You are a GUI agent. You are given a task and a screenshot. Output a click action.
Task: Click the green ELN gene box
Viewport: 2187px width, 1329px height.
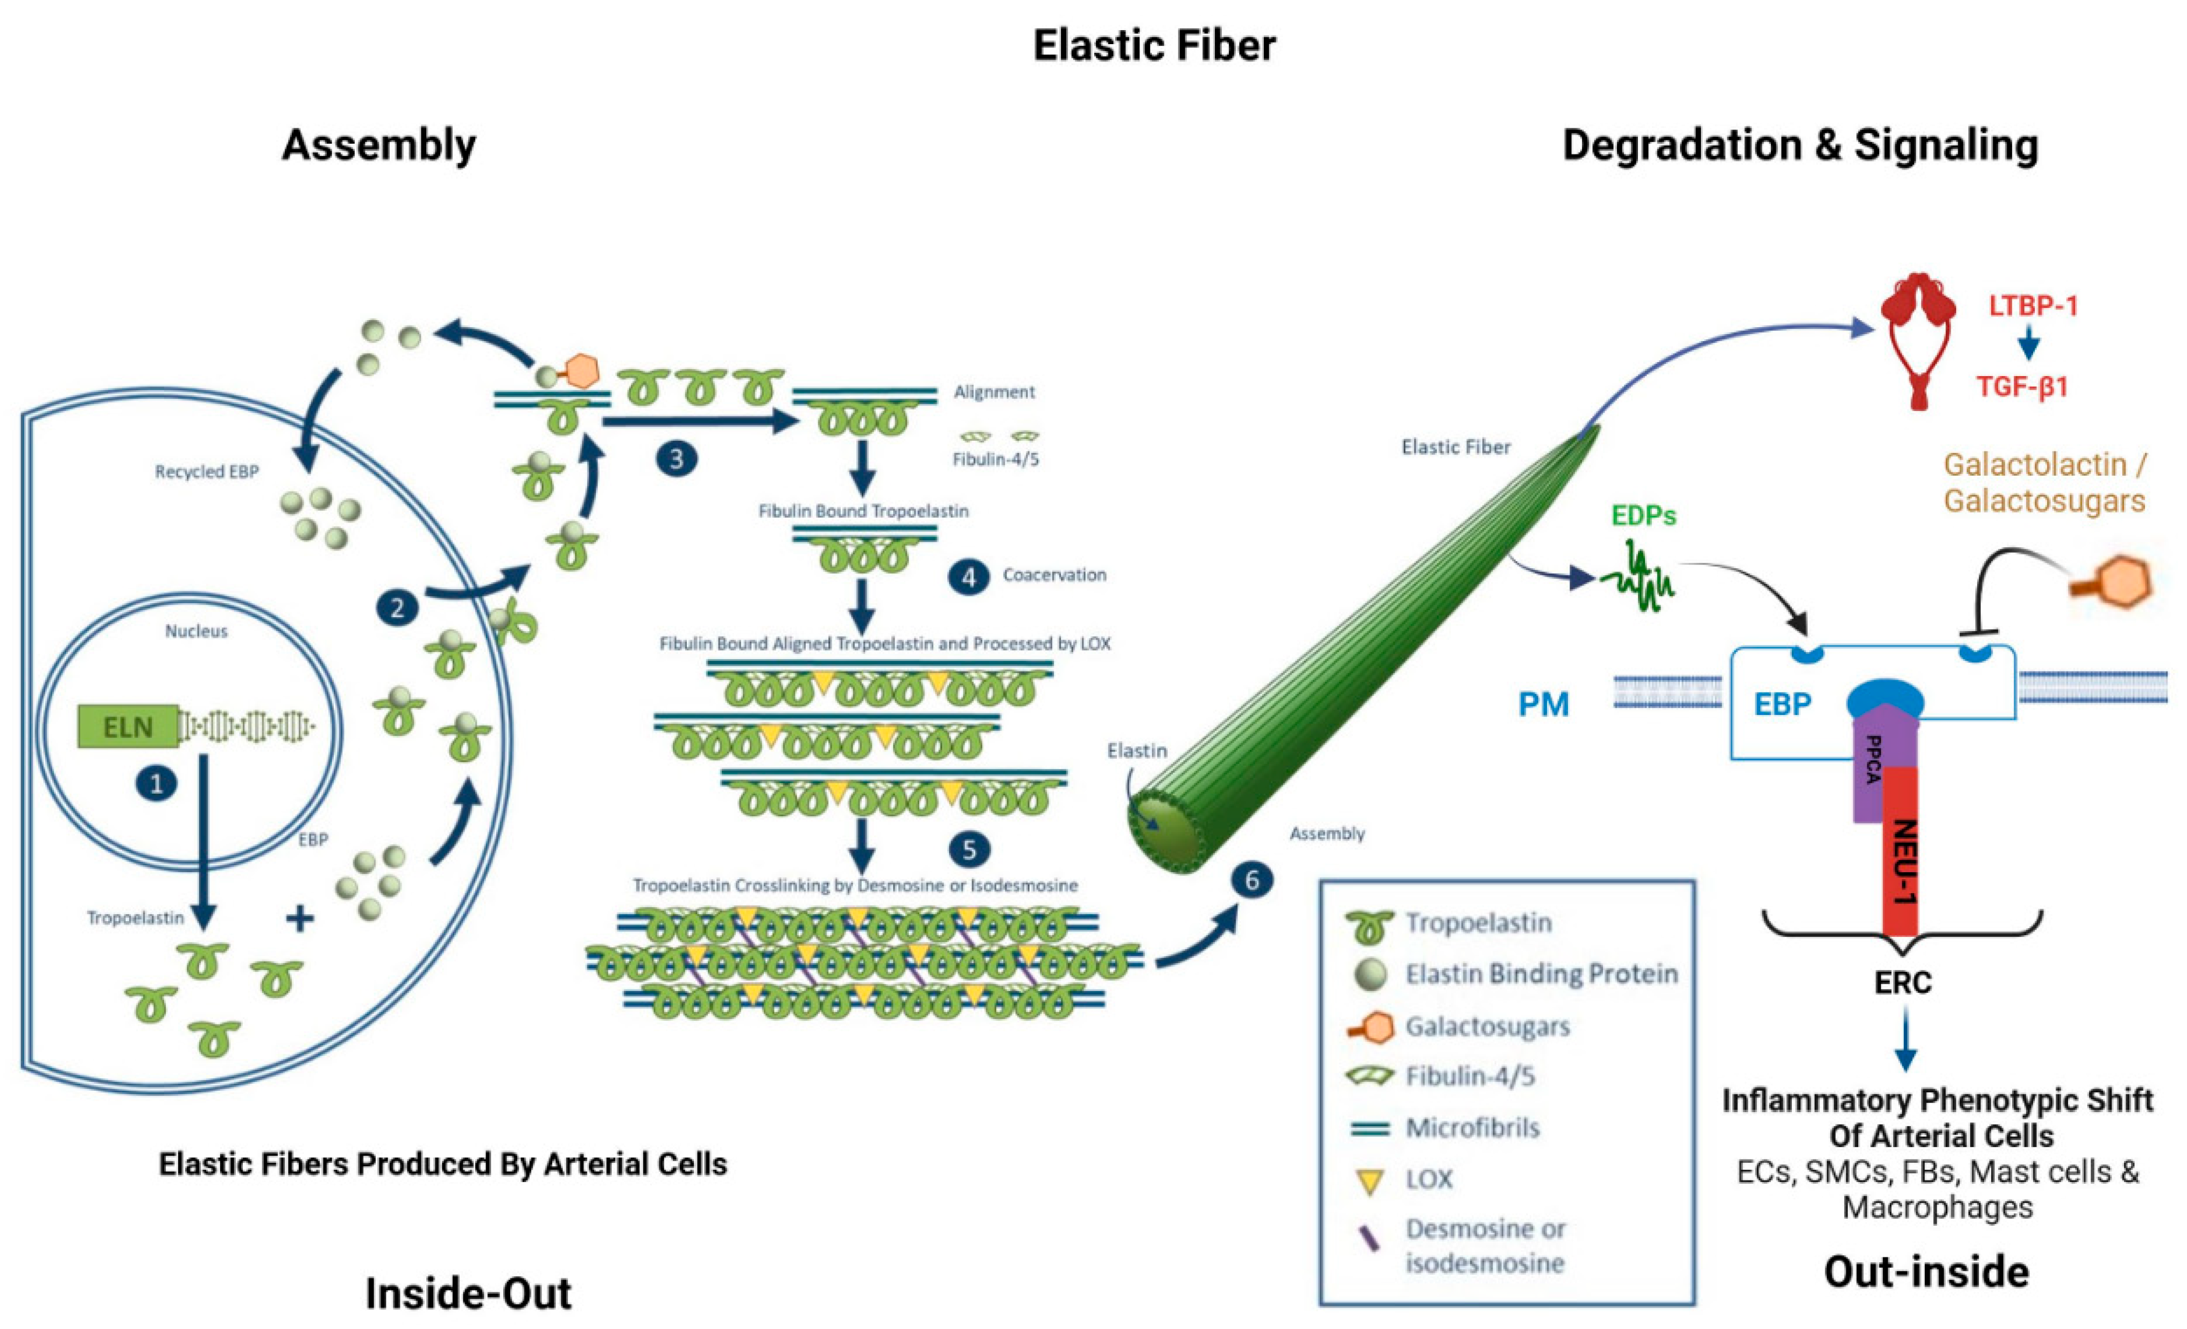[127, 726]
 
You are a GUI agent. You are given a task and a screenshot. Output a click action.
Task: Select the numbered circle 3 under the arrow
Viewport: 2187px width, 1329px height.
[676, 458]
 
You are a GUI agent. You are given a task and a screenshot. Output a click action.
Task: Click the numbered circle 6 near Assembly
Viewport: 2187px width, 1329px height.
[1251, 880]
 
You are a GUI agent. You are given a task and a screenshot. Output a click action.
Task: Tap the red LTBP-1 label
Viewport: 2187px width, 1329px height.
[2033, 306]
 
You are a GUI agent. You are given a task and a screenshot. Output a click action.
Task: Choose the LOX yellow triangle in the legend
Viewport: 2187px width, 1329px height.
[1372, 1181]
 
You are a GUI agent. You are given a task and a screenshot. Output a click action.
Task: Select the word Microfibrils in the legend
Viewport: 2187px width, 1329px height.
[1472, 1128]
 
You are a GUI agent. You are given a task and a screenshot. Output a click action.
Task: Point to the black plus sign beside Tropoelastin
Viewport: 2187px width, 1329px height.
[300, 918]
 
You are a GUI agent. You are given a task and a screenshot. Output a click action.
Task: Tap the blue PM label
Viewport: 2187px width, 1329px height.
[1544, 704]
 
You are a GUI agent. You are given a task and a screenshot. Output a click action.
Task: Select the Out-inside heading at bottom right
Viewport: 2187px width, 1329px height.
[1926, 1271]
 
